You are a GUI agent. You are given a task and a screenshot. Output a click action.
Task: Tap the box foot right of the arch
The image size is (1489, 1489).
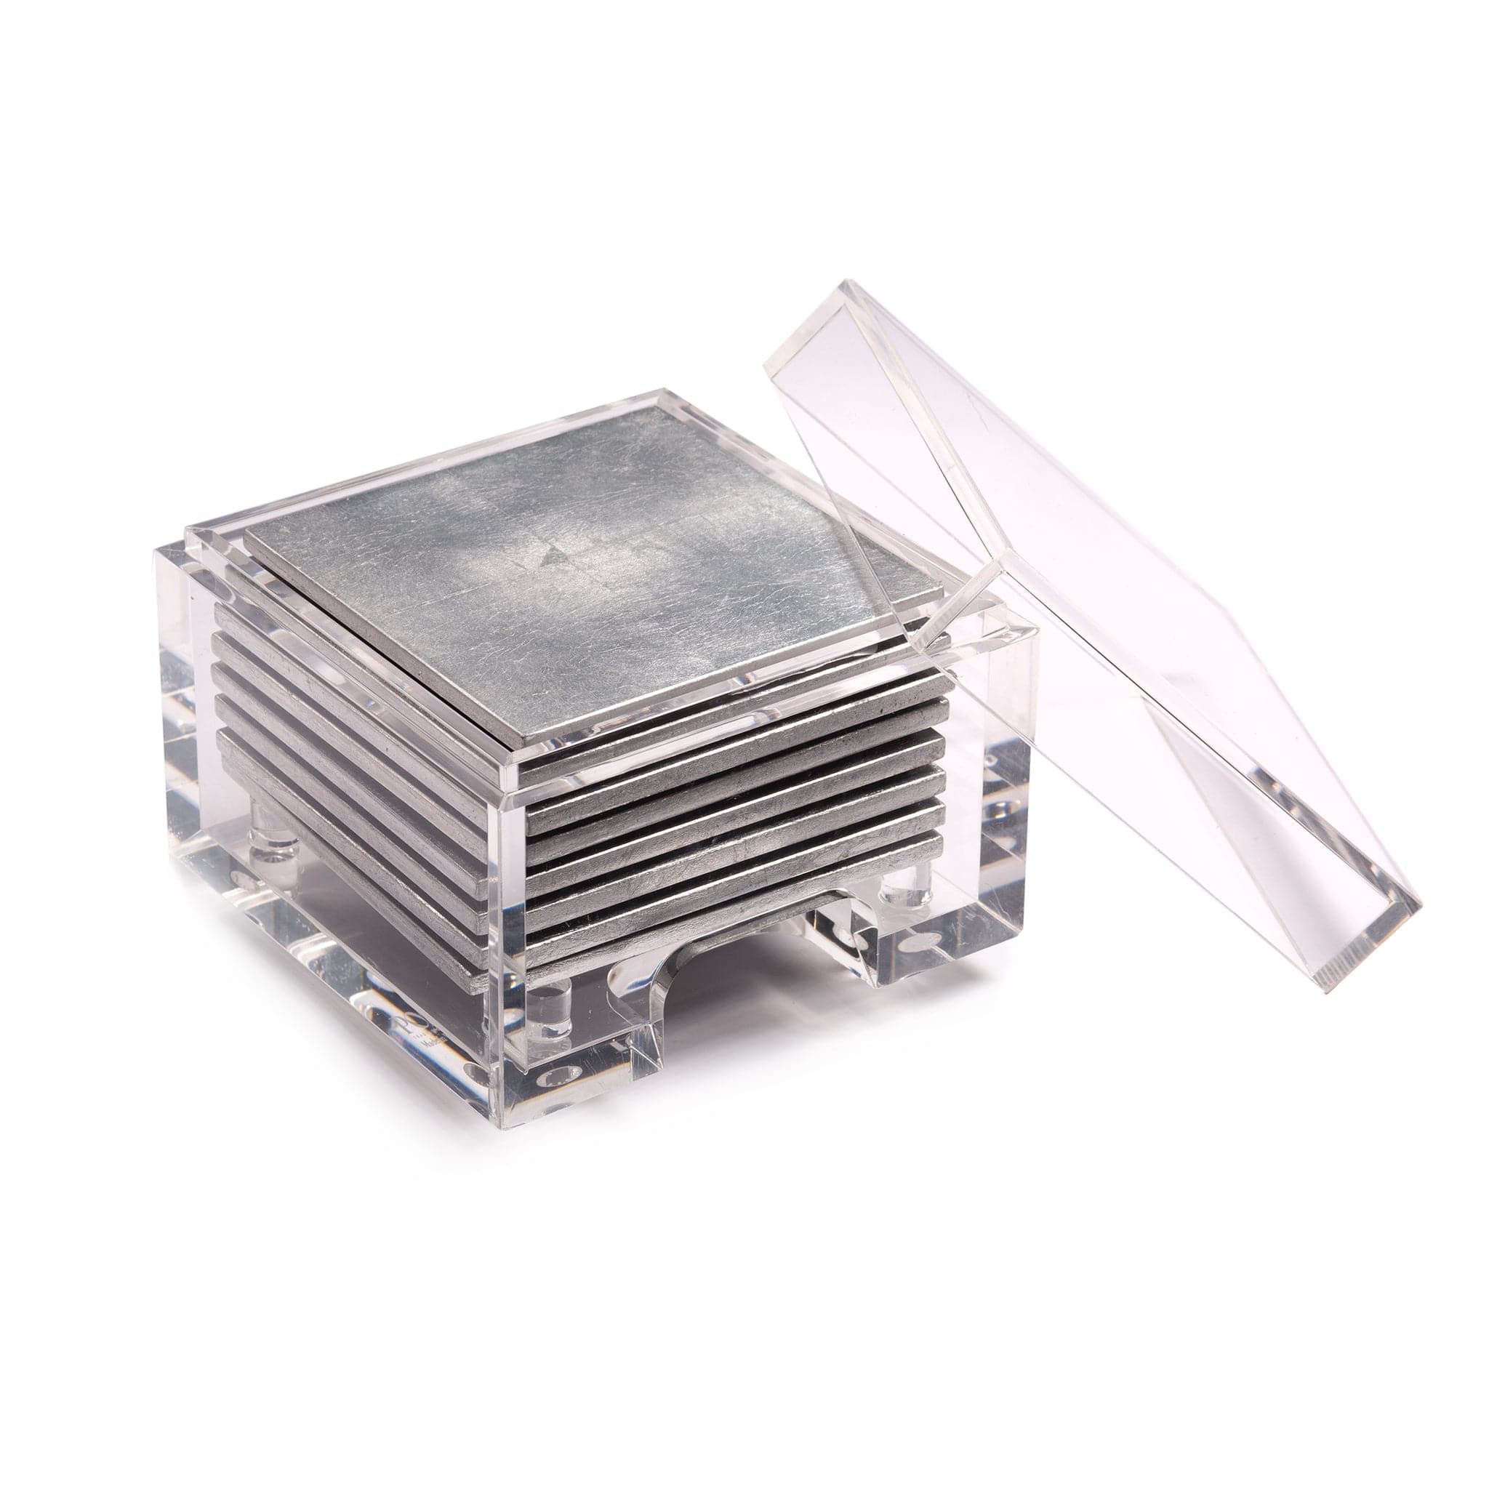tap(948, 955)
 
